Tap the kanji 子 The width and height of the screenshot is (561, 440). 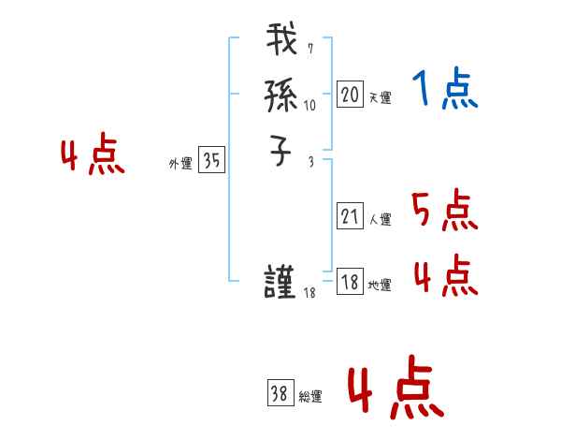tap(281, 152)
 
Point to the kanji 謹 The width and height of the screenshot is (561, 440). tap(281, 283)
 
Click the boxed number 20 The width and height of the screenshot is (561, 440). tap(350, 95)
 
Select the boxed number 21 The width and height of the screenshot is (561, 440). tap(350, 216)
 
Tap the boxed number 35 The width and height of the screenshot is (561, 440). tap(211, 161)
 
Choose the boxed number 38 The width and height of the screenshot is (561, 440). tap(280, 394)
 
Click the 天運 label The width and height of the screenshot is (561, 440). tap(380, 97)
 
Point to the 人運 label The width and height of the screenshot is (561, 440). tap(380, 220)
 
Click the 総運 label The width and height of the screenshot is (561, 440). tap(309, 397)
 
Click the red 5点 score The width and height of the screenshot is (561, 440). tap(444, 211)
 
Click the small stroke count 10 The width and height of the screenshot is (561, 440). tap(310, 106)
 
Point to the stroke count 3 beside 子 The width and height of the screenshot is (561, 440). tap(309, 161)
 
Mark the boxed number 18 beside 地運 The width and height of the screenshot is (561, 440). tap(350, 282)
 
